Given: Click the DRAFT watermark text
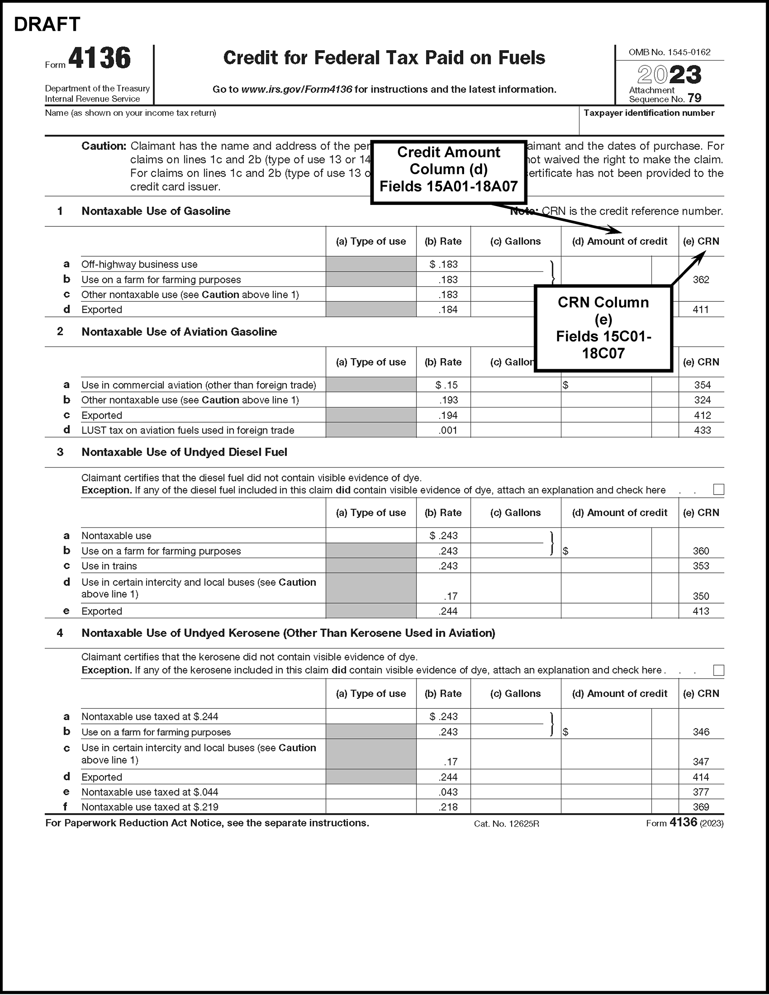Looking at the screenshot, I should coord(47,24).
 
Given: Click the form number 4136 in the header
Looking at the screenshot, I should coord(99,59).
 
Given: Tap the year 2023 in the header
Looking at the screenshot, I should coord(669,75).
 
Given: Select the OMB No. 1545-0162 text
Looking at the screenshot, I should coord(669,52).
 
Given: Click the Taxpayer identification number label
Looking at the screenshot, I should coord(649,113).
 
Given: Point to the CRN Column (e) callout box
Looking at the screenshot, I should coord(603,328).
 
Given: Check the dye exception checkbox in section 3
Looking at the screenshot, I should coord(718,490).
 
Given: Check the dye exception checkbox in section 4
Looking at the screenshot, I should coord(718,670).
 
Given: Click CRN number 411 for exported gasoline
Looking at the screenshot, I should coord(701,310).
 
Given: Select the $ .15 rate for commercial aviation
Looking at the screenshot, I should coord(446,385).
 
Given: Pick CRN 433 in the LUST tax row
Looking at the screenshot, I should coord(702,430).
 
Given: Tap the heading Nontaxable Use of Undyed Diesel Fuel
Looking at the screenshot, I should coord(184,452).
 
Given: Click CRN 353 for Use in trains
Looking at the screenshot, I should coord(701,566).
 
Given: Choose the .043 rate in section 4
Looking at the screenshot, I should coord(448,792).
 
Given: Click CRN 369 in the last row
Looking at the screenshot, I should coord(701,807).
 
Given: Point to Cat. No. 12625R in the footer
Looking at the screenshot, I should coord(507,824).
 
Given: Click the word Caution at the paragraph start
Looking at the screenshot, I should coord(104,146).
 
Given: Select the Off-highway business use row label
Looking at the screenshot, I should coord(139,264).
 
